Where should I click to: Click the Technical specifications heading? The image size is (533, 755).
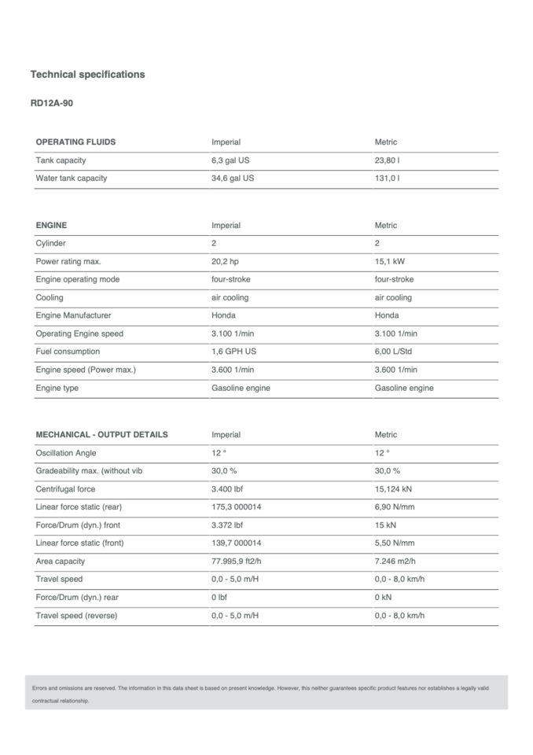click(x=87, y=74)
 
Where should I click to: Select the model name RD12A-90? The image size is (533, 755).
click(x=52, y=103)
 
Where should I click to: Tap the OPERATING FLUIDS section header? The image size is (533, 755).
click(x=75, y=142)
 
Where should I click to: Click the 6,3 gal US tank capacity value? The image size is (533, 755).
click(x=231, y=160)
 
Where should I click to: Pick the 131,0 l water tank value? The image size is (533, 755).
click(x=387, y=179)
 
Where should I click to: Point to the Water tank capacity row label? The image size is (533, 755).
click(x=72, y=179)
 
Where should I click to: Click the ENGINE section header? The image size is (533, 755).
click(x=51, y=226)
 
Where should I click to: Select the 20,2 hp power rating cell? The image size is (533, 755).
click(x=226, y=262)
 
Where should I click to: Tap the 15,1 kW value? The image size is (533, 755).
click(x=390, y=262)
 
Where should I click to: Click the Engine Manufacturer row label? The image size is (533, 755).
click(x=73, y=315)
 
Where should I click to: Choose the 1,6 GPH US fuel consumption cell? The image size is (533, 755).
click(x=234, y=352)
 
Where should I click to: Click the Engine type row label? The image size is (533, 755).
click(x=57, y=388)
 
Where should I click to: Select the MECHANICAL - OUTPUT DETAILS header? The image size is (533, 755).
click(x=101, y=435)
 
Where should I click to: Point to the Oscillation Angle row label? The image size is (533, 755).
click(x=66, y=453)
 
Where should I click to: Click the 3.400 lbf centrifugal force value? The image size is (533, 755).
click(x=227, y=489)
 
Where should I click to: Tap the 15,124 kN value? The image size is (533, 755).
click(x=393, y=489)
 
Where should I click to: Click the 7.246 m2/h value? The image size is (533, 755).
click(x=395, y=562)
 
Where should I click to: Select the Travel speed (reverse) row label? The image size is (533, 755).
click(x=76, y=616)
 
